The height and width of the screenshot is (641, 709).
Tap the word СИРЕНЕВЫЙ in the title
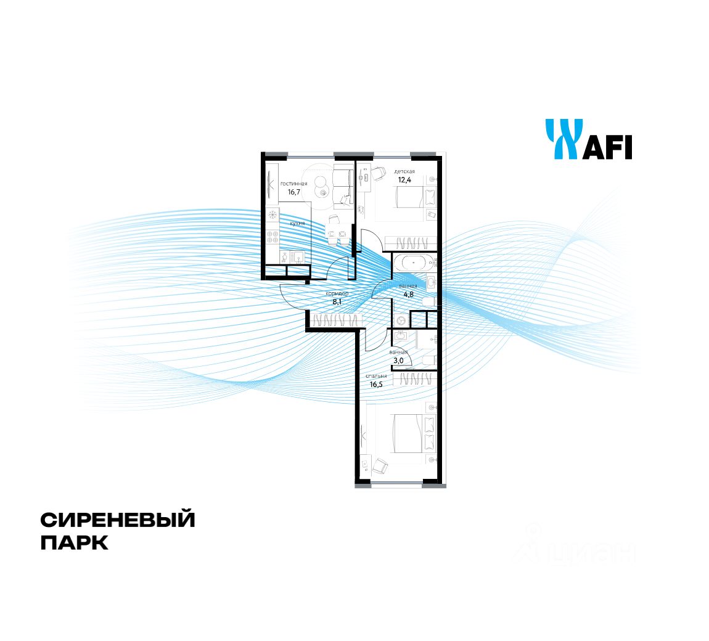click(x=118, y=520)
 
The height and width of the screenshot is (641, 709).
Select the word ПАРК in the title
click(x=74, y=543)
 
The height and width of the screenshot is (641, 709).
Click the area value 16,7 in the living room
click(x=293, y=192)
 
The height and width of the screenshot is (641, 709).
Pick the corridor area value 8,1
click(x=337, y=302)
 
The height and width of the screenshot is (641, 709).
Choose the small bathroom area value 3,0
click(x=397, y=361)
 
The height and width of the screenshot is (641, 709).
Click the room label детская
click(x=404, y=171)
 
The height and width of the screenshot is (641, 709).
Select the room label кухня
click(x=297, y=223)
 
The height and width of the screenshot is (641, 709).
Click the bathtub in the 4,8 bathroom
click(x=414, y=263)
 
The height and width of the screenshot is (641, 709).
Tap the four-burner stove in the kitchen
click(x=272, y=236)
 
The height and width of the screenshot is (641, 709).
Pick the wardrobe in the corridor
click(x=336, y=320)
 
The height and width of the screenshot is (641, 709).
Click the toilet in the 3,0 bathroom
click(x=428, y=360)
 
